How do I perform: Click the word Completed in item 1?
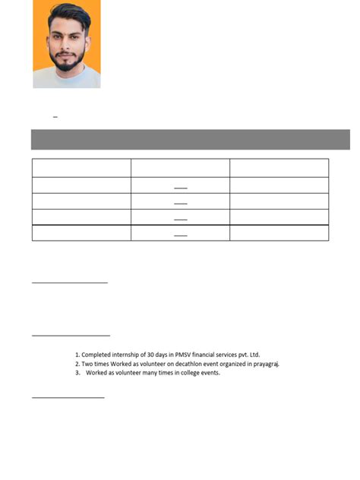(99, 355)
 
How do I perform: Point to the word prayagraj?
(267, 364)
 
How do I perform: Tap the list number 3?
(77, 373)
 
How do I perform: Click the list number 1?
(77, 355)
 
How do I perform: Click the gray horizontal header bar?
(190, 140)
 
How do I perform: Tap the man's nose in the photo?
(67, 47)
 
